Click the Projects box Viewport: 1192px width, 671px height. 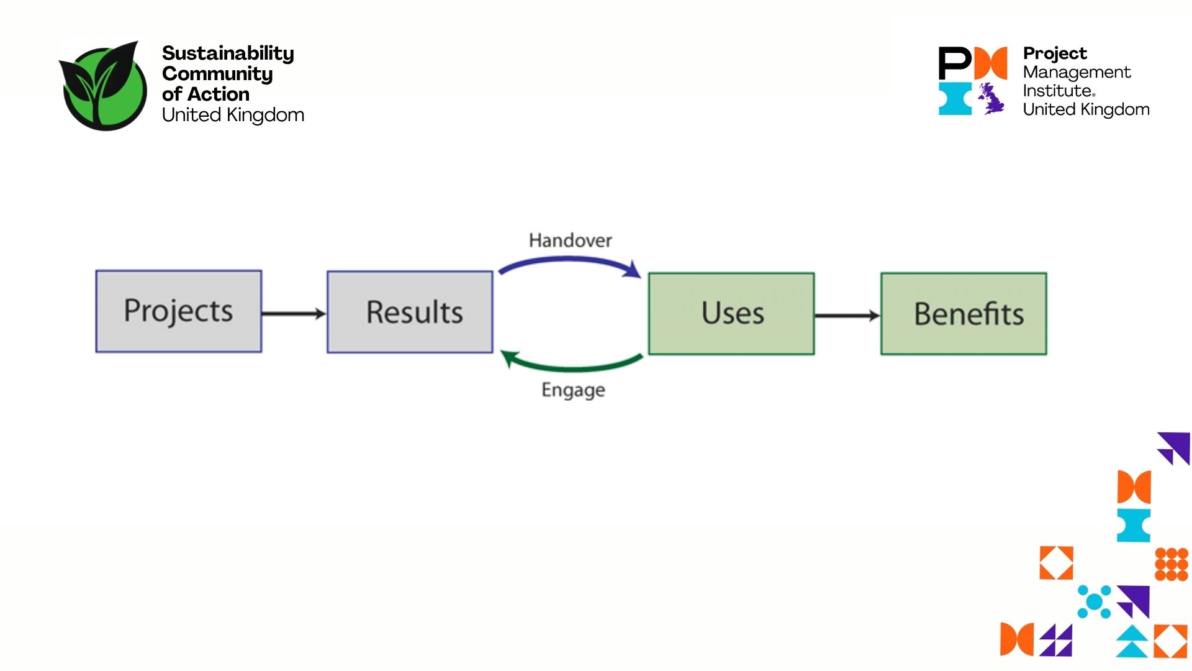(x=179, y=311)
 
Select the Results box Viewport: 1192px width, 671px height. (x=410, y=312)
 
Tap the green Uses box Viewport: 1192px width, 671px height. (x=731, y=314)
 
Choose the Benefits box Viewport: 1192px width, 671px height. (x=964, y=314)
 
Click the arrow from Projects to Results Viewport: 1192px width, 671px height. (x=294, y=314)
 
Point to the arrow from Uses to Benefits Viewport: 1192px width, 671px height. (x=847, y=316)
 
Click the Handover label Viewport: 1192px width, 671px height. (x=570, y=240)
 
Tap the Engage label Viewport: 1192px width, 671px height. (x=573, y=390)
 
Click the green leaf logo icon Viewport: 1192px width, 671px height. (x=104, y=86)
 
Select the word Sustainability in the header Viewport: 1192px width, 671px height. (x=228, y=53)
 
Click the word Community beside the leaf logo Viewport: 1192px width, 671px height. (x=217, y=74)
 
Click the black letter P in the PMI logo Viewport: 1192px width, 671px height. (x=954, y=62)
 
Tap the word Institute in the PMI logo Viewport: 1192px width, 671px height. (x=1058, y=91)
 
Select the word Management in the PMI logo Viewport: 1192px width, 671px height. (x=1077, y=72)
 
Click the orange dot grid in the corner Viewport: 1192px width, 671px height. (x=1171, y=564)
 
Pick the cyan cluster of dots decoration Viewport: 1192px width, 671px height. (x=1094, y=601)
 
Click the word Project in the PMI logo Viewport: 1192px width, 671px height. (x=1055, y=53)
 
